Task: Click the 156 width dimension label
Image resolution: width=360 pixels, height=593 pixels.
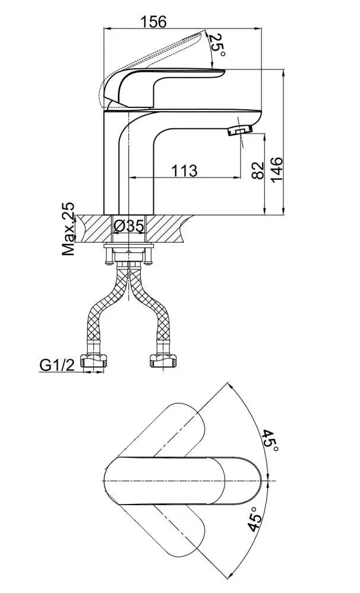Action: coord(153,21)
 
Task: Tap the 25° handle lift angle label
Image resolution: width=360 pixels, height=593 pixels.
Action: coord(217,45)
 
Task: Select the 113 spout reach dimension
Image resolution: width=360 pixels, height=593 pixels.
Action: coord(184,170)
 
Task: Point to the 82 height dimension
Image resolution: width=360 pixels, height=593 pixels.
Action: coord(257,170)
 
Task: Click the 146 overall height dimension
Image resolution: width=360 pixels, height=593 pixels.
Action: coord(276,169)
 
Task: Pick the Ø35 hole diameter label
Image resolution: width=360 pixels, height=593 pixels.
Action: coord(129,226)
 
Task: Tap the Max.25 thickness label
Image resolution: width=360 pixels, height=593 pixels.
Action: coord(68,229)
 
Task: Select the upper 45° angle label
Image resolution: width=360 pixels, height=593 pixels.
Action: coord(271,440)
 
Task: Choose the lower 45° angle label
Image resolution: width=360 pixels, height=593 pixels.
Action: coord(255,519)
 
